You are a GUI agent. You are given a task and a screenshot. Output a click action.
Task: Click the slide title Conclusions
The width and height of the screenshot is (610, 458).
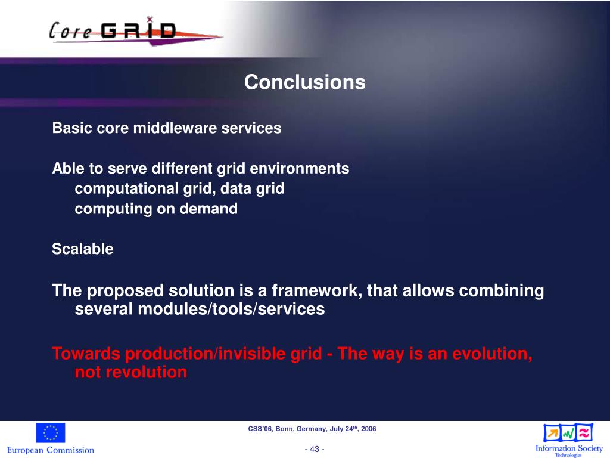(304, 82)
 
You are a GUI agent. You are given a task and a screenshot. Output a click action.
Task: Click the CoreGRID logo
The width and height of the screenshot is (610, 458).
(135, 31)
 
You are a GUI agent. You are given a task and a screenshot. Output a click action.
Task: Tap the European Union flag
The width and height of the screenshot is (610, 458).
(51, 433)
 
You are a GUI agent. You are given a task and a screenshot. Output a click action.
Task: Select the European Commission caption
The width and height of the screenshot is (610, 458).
(51, 450)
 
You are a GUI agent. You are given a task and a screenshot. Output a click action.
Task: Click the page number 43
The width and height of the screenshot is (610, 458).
(315, 449)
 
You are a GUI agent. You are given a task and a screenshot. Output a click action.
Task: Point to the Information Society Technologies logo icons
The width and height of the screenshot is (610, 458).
(568, 433)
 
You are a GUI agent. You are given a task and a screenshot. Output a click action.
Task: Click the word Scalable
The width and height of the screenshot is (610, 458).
(82, 249)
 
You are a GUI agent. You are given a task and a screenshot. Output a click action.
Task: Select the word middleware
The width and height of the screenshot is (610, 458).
(175, 128)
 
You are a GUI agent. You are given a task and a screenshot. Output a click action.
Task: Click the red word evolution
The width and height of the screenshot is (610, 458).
(492, 354)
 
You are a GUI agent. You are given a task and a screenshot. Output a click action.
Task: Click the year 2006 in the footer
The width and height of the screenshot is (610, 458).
(368, 429)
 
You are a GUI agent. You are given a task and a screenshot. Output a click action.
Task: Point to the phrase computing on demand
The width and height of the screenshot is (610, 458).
(156, 209)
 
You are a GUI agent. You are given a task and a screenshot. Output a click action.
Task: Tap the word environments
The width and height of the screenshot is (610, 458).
(299, 169)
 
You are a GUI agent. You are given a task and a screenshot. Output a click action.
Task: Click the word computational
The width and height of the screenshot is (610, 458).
(126, 189)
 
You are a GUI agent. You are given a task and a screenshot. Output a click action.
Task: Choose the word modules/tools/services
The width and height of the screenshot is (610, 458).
(232, 309)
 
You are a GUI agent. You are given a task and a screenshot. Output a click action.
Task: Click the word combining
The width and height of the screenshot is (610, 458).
(502, 291)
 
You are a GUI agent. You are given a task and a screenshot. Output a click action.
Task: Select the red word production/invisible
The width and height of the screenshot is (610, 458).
(224, 354)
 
